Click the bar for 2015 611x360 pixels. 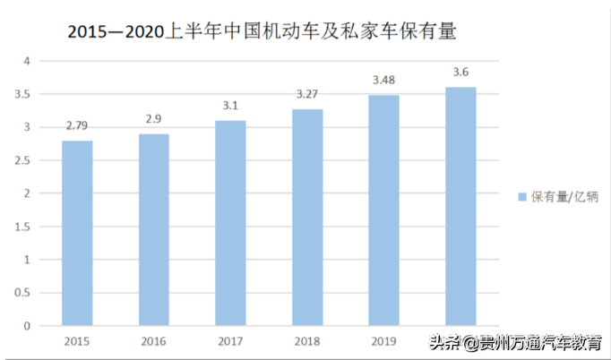pyautogui.click(x=77, y=233)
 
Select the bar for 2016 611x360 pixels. pyautogui.click(x=154, y=229)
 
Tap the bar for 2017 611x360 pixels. pyautogui.click(x=230, y=223)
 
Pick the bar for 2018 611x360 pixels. pyautogui.click(x=307, y=218)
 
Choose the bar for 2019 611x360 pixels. pyautogui.click(x=384, y=210)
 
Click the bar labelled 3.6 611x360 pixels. pyautogui.click(x=460, y=206)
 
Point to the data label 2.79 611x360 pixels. pyautogui.click(x=77, y=125)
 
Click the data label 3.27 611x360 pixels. pyautogui.click(x=307, y=93)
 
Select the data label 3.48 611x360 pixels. pyautogui.click(x=384, y=80)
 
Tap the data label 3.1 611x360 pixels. pyautogui.click(x=230, y=105)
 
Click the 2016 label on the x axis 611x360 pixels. pyautogui.click(x=154, y=340)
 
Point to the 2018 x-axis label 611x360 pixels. pyautogui.click(x=307, y=340)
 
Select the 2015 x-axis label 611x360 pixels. pyautogui.click(x=77, y=340)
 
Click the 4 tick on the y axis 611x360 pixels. pyautogui.click(x=27, y=61)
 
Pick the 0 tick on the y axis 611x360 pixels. pyautogui.click(x=27, y=326)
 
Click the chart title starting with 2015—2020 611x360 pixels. pyautogui.click(x=262, y=31)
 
